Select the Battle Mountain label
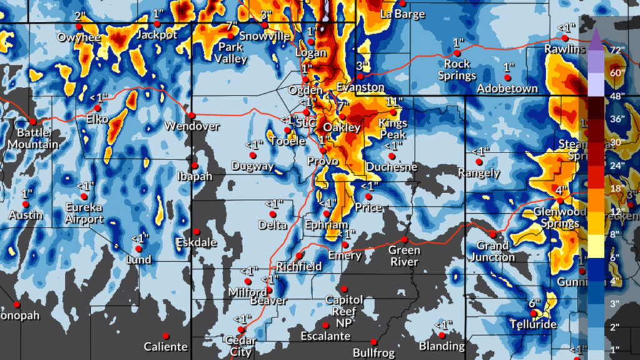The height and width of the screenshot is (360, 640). pos(34,138)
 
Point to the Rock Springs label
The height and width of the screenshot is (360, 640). pos(457,69)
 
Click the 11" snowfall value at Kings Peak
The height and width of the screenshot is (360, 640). pos(392,102)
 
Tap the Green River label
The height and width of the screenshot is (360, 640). pos(404,256)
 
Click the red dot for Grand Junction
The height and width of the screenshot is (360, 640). pos(492,234)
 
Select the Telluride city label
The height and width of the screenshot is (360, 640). pos(533,325)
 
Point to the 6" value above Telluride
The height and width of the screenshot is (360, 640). pos(534,303)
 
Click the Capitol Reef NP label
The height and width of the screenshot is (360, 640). pos(344,311)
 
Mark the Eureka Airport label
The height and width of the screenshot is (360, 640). pos(85,213)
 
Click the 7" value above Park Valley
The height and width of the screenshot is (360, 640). pos(232,26)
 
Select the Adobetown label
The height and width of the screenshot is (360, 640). pos(507,89)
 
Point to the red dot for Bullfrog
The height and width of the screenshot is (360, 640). pos(374,342)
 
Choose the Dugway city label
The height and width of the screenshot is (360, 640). pos(252,166)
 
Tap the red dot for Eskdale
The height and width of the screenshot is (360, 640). pos(196,231)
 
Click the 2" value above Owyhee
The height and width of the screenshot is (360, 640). pos(80,16)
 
